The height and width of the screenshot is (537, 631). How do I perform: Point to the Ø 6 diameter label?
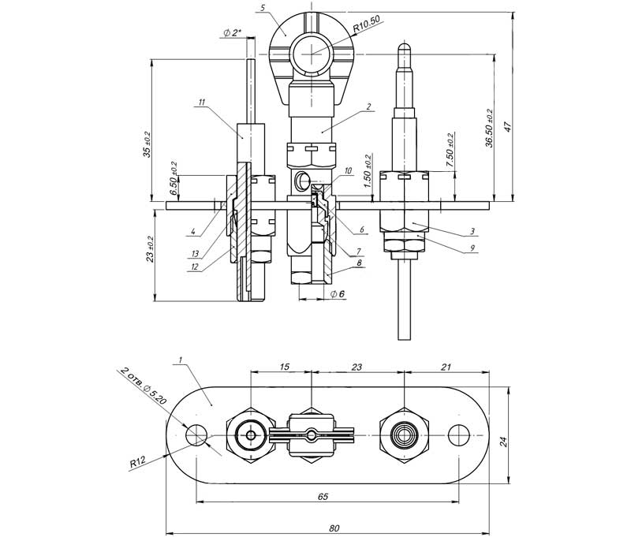point(336,294)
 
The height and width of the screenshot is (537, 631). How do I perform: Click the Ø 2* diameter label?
point(233,32)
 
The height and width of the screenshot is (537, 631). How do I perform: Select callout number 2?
point(368,106)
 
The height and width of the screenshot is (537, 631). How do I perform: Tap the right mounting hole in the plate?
point(458,435)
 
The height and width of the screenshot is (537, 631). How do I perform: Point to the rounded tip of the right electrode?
point(403,47)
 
